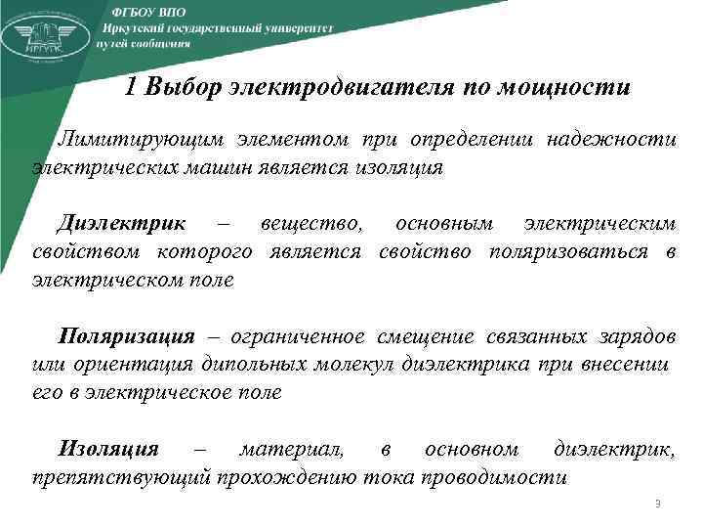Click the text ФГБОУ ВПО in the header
point(147,9)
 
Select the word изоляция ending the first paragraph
point(397,167)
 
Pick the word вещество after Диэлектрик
point(310,224)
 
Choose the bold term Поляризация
point(127,337)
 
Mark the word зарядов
point(635,337)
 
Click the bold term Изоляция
point(108,449)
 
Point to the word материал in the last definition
point(291,449)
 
